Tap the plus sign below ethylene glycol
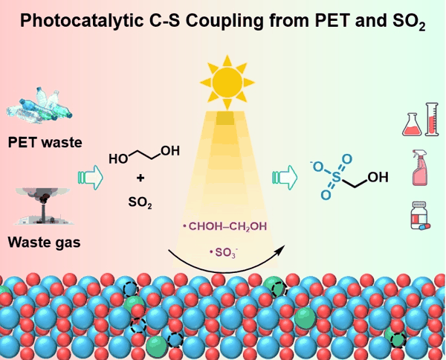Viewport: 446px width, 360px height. click(x=140, y=179)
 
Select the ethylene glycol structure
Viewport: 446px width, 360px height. click(x=143, y=156)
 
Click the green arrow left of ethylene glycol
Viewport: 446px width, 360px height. click(x=89, y=176)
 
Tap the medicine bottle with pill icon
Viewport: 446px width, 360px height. click(x=420, y=218)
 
